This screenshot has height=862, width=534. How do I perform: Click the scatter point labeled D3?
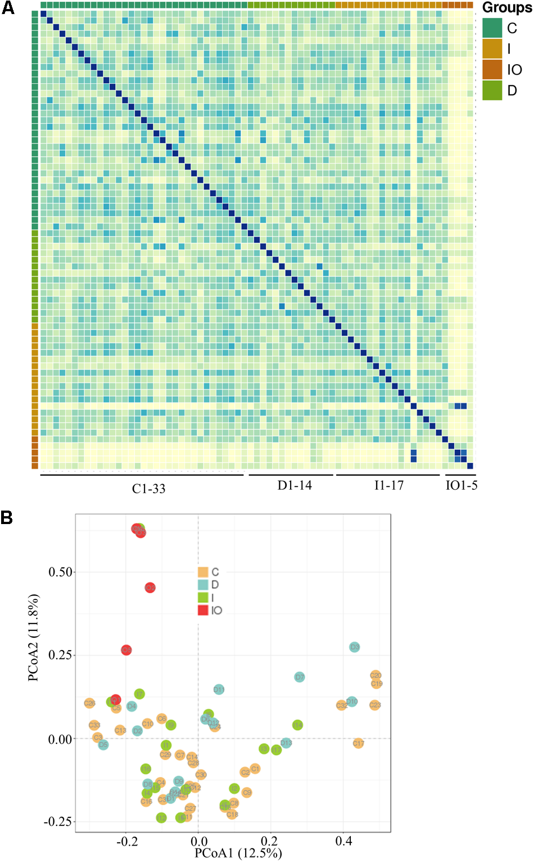click(354, 647)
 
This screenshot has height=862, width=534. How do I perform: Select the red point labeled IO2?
click(150, 588)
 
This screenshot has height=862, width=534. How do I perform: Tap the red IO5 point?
click(126, 650)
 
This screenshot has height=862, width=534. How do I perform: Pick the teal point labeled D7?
click(300, 677)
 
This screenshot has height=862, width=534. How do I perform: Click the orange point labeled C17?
click(359, 743)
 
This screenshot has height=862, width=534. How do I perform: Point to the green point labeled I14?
click(298, 725)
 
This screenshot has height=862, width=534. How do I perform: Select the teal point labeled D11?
click(219, 689)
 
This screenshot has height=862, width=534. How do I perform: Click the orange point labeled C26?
click(89, 703)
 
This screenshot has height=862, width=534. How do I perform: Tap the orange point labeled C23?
click(375, 705)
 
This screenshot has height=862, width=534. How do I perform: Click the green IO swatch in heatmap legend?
click(492, 70)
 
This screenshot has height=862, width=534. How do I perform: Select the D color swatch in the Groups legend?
click(492, 91)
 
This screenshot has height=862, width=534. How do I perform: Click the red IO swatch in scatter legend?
click(203, 610)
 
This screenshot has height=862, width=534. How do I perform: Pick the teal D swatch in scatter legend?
click(203, 585)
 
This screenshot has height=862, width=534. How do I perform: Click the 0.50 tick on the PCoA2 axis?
click(61, 572)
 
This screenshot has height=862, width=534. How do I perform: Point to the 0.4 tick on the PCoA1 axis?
click(344, 841)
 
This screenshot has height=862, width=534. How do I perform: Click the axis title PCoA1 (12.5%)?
click(238, 853)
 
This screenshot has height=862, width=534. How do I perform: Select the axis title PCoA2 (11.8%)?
click(34, 638)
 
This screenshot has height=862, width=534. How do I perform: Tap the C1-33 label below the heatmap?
click(148, 489)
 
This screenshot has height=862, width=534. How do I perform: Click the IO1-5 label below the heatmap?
click(461, 486)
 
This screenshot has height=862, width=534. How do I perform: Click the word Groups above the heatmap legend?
click(506, 8)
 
